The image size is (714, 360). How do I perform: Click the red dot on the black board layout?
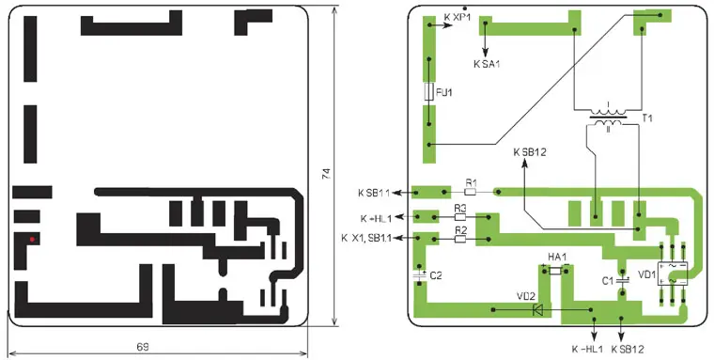tap(32, 240)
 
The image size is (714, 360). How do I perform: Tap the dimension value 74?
tap(327, 174)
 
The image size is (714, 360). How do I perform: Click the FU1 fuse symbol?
tap(428, 91)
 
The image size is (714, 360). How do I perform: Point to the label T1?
tap(647, 118)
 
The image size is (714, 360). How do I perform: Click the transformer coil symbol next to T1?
tap(609, 117)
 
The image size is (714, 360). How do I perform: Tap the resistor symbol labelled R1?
tap(471, 192)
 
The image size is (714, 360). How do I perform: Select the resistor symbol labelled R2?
tap(461, 239)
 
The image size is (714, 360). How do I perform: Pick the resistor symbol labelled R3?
tap(461, 217)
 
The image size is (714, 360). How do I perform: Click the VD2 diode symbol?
tap(537, 310)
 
